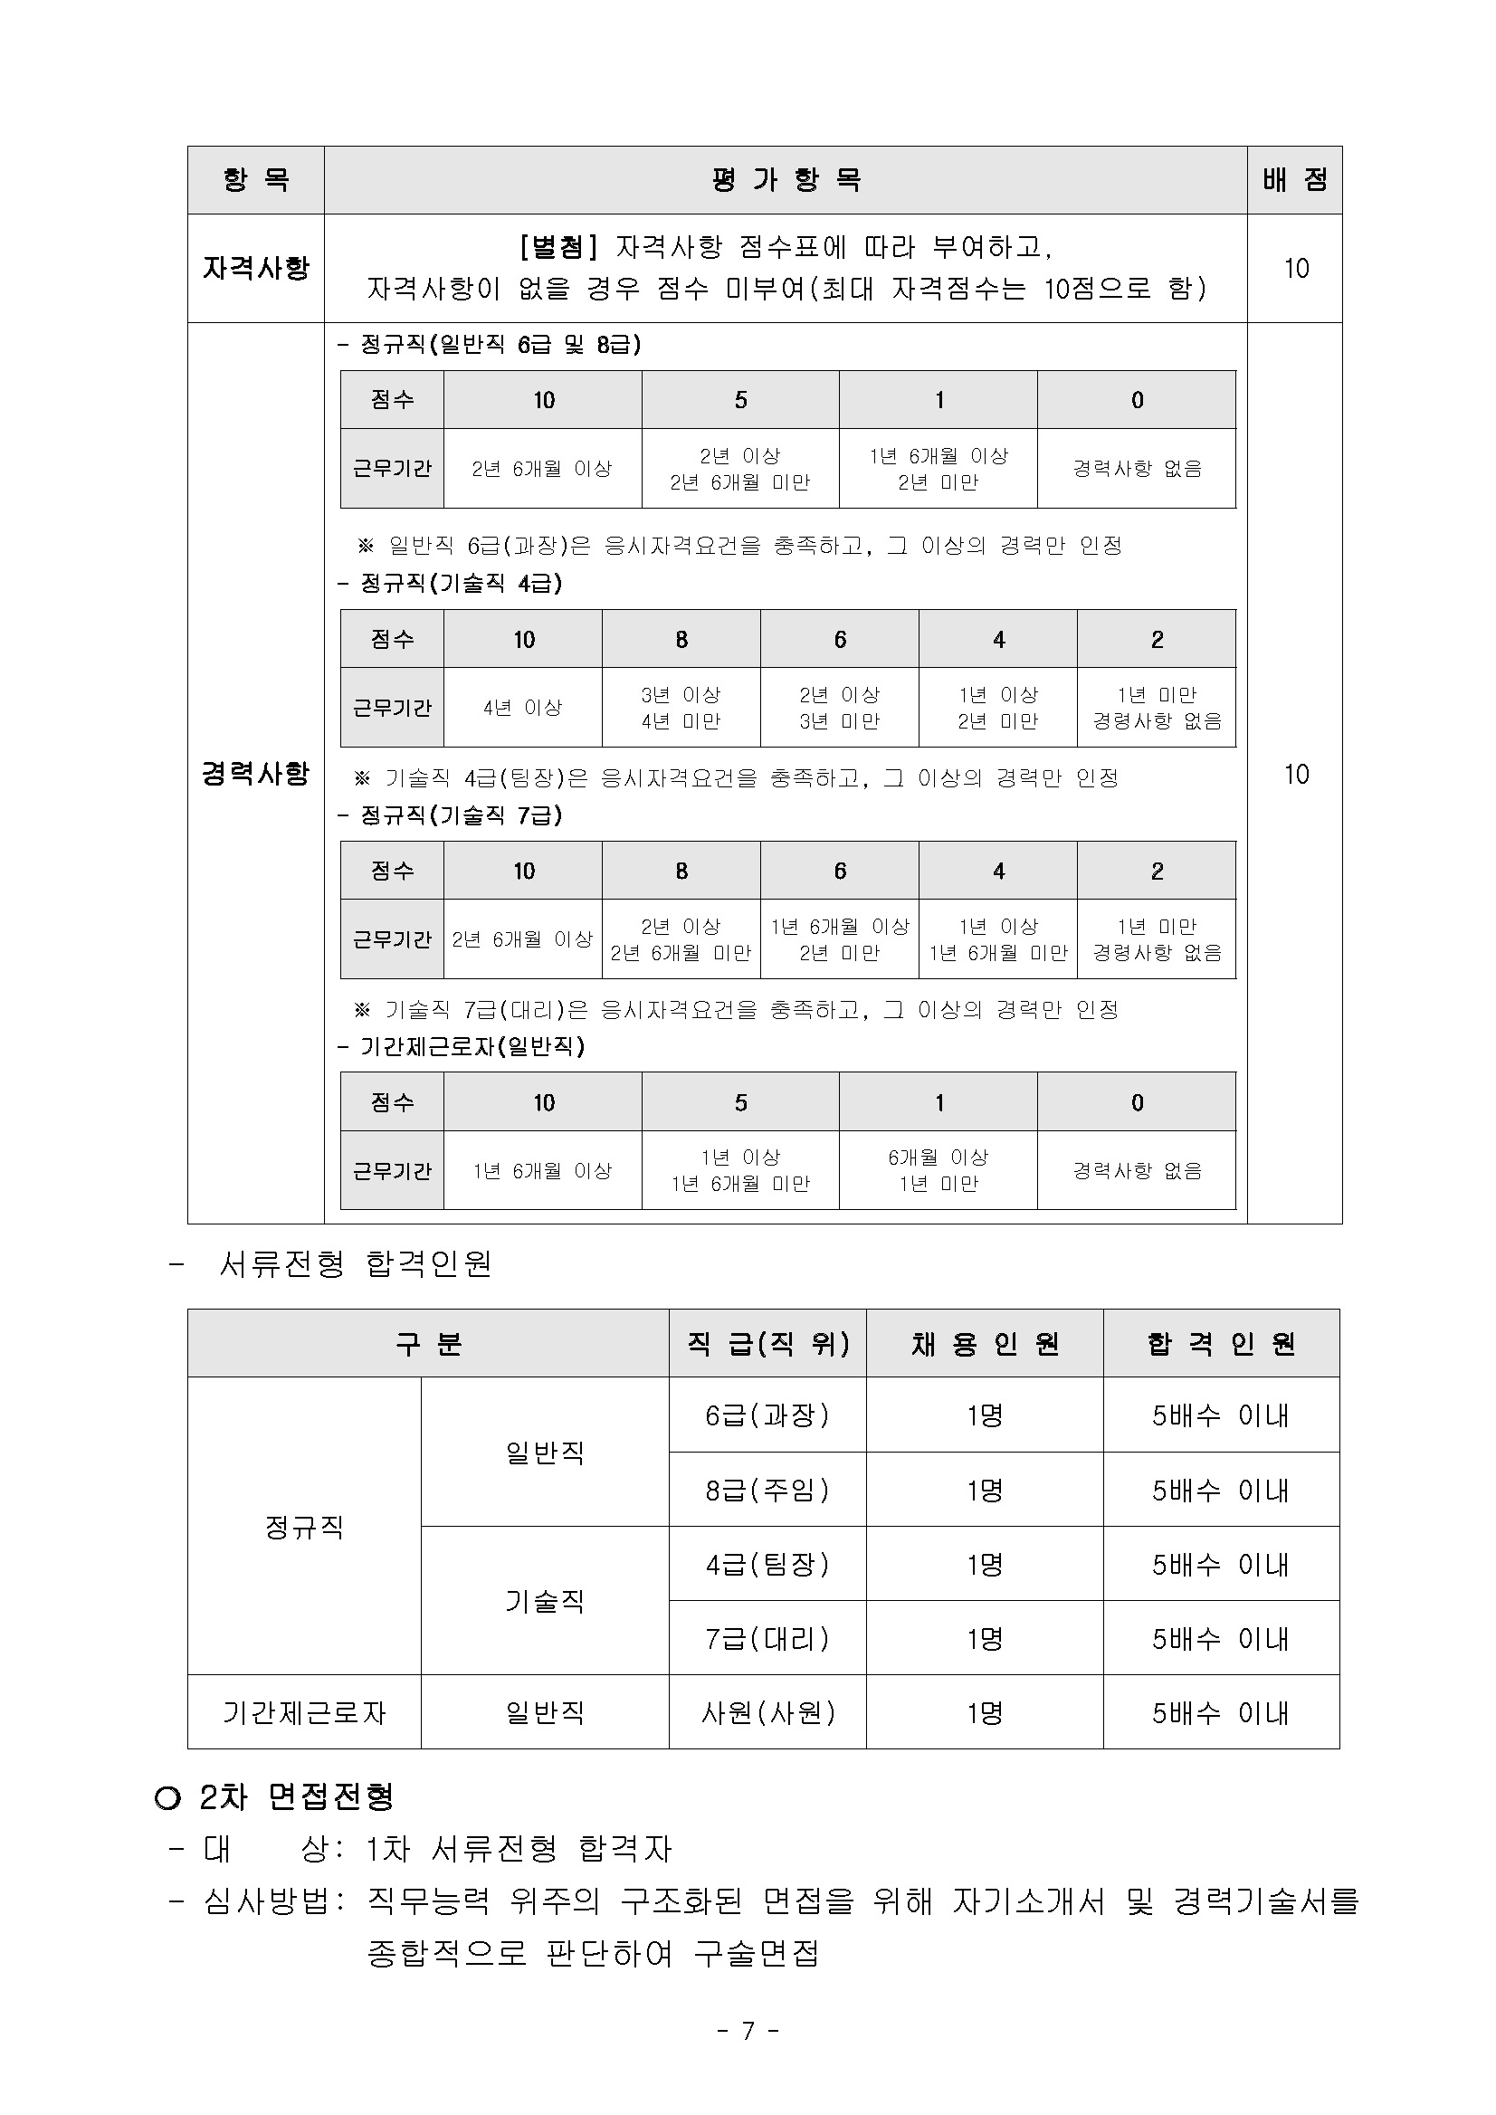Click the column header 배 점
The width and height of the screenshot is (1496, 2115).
pyautogui.click(x=1294, y=179)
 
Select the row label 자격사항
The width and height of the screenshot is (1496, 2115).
pyautogui.click(x=255, y=268)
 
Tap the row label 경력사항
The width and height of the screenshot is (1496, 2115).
pyautogui.click(x=255, y=773)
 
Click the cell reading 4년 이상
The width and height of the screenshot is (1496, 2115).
pyautogui.click(x=522, y=708)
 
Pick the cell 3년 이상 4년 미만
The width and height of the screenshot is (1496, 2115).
pyautogui.click(x=681, y=708)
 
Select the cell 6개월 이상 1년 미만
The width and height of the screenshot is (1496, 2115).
pyautogui.click(x=938, y=1170)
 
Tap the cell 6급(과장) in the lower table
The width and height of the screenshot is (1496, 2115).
pyautogui.click(x=767, y=1414)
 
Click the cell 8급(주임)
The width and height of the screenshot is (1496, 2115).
pyautogui.click(x=767, y=1490)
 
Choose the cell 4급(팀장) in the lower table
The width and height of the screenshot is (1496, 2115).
pyautogui.click(x=767, y=1563)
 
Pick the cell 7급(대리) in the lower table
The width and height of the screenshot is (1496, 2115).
pyautogui.click(x=767, y=1638)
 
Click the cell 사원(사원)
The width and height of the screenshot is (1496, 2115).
pyautogui.click(x=767, y=1712)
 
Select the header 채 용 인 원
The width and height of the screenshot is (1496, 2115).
pyautogui.click(x=984, y=1344)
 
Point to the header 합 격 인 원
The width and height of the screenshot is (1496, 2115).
pyautogui.click(x=1221, y=1344)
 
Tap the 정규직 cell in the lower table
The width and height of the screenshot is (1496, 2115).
pyautogui.click(x=304, y=1527)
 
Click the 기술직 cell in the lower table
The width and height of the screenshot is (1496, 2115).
pyautogui.click(x=545, y=1601)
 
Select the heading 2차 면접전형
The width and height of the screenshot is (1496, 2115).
pyautogui.click(x=297, y=1796)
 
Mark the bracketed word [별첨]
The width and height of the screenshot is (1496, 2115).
pyautogui.click(x=559, y=247)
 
